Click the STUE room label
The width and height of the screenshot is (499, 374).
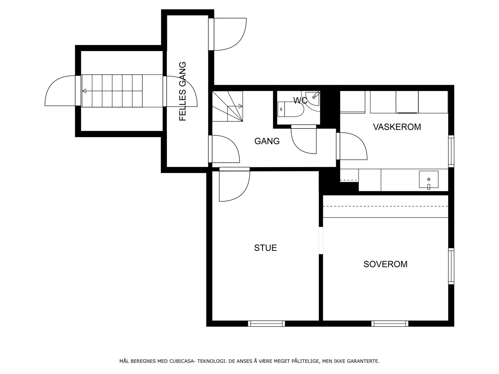(265, 248)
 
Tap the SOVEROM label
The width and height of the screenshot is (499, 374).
(385, 264)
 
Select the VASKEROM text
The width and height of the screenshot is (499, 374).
(397, 127)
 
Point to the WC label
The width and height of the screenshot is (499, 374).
(300, 100)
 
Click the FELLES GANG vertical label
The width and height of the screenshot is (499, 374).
(182, 91)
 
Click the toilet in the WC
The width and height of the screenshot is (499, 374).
(291, 109)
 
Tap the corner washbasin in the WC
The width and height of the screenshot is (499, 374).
(313, 98)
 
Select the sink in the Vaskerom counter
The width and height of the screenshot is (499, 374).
(429, 180)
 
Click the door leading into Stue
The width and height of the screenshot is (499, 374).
(235, 184)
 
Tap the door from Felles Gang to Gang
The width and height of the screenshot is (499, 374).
(224, 149)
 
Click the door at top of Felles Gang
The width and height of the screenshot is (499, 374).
(227, 34)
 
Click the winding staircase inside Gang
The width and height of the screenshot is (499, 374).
(227, 106)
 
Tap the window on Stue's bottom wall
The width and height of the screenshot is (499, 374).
(266, 324)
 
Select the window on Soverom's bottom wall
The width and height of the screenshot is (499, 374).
(390, 324)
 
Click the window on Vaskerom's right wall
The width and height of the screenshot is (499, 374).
(451, 151)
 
